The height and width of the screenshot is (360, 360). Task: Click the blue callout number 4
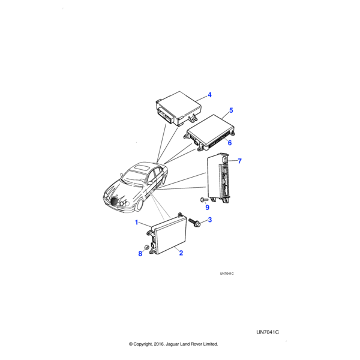click(x=210, y=95)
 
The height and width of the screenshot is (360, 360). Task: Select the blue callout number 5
click(x=231, y=111)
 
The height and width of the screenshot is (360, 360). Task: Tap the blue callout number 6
click(x=229, y=143)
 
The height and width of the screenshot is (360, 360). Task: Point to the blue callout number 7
click(x=239, y=161)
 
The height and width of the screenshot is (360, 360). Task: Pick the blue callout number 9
click(x=207, y=208)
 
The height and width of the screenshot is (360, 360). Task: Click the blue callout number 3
click(x=209, y=220)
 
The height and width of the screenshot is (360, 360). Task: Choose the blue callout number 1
click(x=137, y=223)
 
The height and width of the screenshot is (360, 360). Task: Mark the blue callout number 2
click(x=181, y=253)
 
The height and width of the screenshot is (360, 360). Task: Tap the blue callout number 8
click(x=140, y=254)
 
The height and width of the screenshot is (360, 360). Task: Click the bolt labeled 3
click(x=196, y=223)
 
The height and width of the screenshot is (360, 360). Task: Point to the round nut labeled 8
click(x=148, y=246)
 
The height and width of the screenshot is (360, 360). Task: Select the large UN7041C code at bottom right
click(x=268, y=332)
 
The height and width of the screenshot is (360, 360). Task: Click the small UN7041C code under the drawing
click(x=226, y=274)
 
